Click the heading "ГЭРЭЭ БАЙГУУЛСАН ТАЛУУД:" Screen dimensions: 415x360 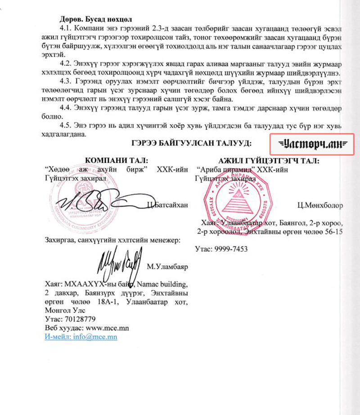pyautogui.click(x=191, y=143)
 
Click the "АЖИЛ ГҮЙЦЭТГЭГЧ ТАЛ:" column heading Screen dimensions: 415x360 pyautogui.click(x=270, y=161)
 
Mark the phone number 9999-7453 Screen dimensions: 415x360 pyautogui.click(x=230, y=248)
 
